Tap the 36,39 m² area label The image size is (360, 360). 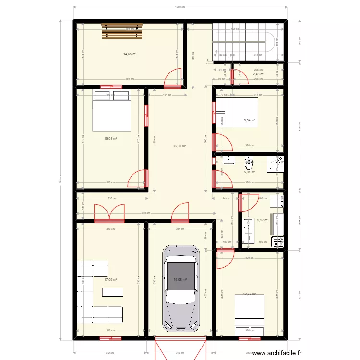pyautogui.click(x=180, y=146)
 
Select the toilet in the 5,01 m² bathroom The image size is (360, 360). pyautogui.click(x=249, y=164)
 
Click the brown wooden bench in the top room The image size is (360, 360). pyautogui.click(x=122, y=32)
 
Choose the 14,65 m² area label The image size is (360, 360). pyautogui.click(x=130, y=54)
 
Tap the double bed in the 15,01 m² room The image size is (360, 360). pyautogui.click(x=111, y=110)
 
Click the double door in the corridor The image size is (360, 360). pyautogui.click(x=109, y=214)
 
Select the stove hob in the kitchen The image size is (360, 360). pyautogui.click(x=277, y=241)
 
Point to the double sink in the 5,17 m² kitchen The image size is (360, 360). pyautogui.click(x=249, y=231)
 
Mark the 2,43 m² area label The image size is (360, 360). pyautogui.click(x=259, y=74)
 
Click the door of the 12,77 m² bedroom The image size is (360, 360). pyautogui.click(x=223, y=259)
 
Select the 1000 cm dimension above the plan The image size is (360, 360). pyautogui.click(x=180, y=7)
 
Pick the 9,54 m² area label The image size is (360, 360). pyautogui.click(x=250, y=120)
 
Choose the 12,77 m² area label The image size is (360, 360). pyautogui.click(x=250, y=294)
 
